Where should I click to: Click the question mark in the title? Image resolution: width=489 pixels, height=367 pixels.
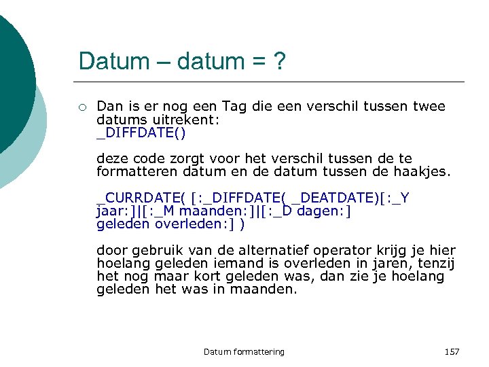click(x=278, y=62)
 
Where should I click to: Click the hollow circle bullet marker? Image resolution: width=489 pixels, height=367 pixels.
click(x=81, y=107)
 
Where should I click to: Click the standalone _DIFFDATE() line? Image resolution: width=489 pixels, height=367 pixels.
click(x=141, y=132)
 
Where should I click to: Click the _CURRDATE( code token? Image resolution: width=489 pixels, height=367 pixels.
click(x=141, y=198)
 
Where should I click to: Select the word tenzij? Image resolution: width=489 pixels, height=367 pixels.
click(x=435, y=263)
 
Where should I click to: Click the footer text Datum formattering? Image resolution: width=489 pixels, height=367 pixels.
click(x=244, y=351)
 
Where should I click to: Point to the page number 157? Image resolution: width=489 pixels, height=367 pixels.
click(x=452, y=351)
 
